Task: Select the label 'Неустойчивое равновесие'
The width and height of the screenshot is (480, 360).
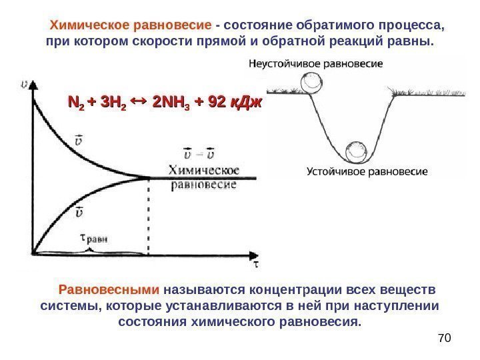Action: pyautogui.click(x=315, y=64)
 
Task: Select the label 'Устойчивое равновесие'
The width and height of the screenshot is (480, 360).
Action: pyautogui.click(x=367, y=171)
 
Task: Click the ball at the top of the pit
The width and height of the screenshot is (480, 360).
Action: pyautogui.click(x=309, y=84)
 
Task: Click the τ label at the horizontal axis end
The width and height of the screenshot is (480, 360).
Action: pyautogui.click(x=255, y=265)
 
